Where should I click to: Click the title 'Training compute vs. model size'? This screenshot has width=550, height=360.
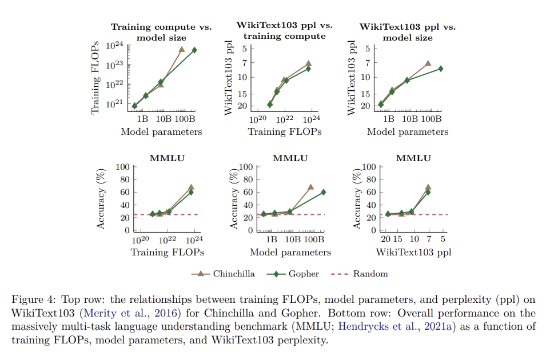coord(161,32)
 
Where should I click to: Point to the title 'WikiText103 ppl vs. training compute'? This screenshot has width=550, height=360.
coord(284,31)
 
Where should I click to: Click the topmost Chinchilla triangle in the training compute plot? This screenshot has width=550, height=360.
coord(182,50)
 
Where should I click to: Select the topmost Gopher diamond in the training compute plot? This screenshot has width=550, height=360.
coord(194,50)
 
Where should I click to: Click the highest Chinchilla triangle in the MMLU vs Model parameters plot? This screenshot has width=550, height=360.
coord(311,187)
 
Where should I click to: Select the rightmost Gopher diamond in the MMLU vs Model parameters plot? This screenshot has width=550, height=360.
coord(324,192)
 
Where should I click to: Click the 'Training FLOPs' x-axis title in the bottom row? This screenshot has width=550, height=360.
coord(168,251)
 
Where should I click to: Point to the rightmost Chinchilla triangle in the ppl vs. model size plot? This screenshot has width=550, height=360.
coord(428,63)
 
